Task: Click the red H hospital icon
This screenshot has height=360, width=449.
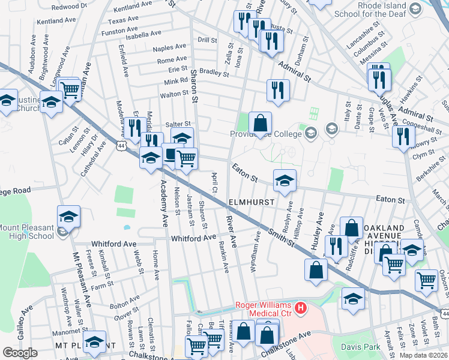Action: (303, 309)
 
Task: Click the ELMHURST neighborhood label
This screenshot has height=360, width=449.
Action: (251, 203)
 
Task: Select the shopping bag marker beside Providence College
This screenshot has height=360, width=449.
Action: (260, 124)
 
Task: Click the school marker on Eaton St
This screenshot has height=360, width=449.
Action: (285, 180)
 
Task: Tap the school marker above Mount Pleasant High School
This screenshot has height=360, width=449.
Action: (68, 217)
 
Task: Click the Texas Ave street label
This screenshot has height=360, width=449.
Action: (123, 20)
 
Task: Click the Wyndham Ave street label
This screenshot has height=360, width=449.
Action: (257, 253)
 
